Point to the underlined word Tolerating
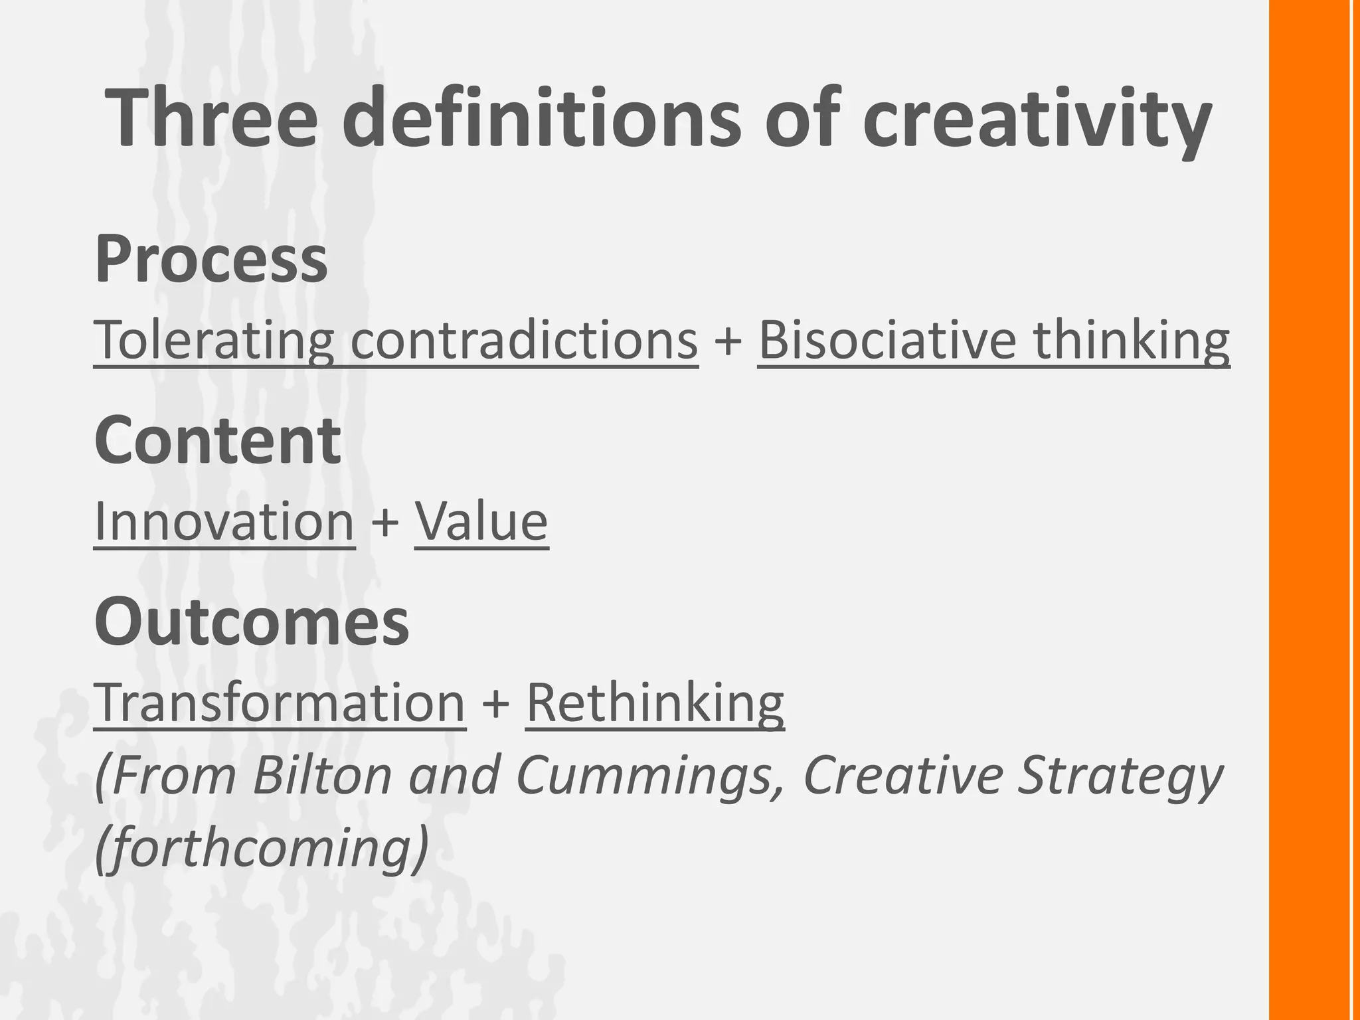click(x=213, y=341)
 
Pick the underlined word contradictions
click(x=524, y=341)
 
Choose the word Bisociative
click(x=887, y=341)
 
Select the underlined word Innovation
click(x=224, y=521)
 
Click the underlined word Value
click(x=481, y=521)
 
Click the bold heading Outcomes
click(x=252, y=622)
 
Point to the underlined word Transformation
click(x=280, y=703)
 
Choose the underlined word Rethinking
click(x=655, y=703)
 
